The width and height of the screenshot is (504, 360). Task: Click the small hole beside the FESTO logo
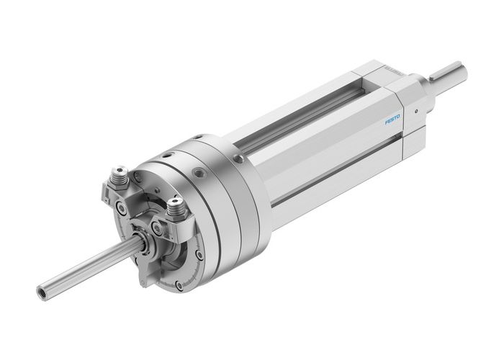(416, 112)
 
